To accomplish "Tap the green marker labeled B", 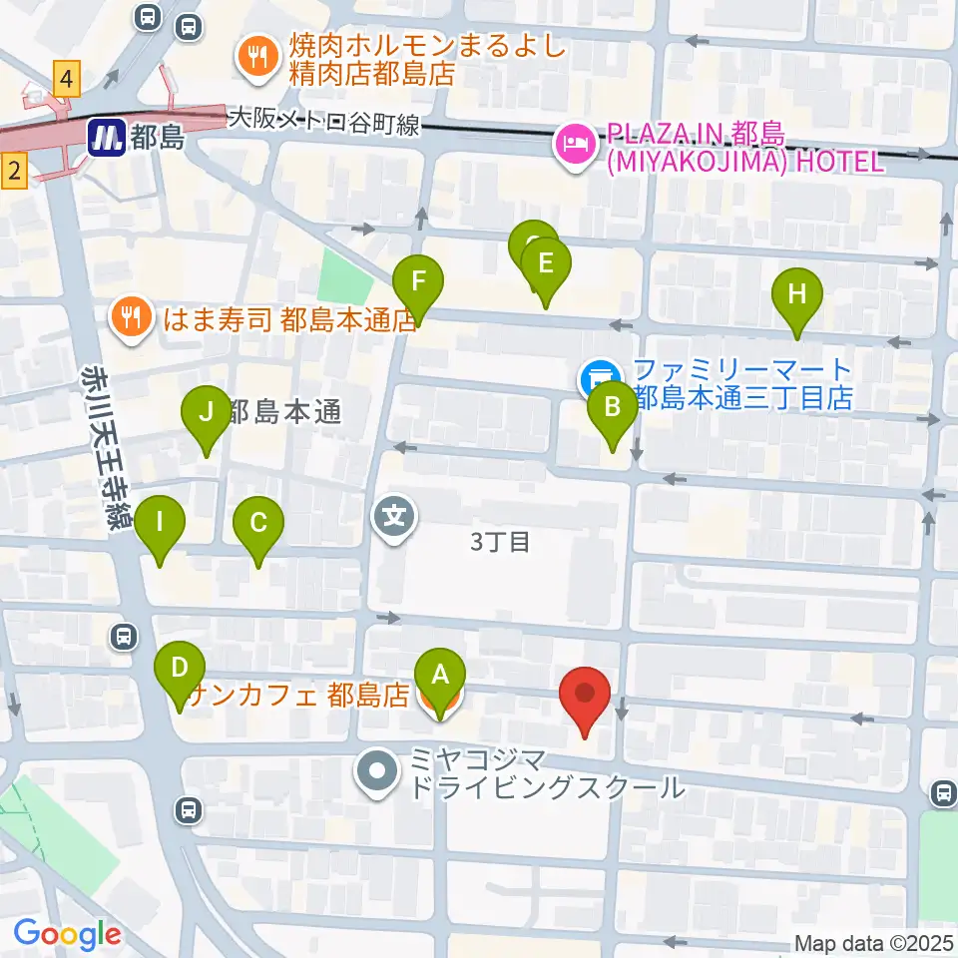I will [612, 407].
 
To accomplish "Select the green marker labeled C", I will [258, 522].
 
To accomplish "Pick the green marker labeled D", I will [180, 668].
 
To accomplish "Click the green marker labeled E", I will [545, 264].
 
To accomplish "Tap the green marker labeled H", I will [796, 294].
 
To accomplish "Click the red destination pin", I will [586, 694].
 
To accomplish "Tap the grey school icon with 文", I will [394, 518].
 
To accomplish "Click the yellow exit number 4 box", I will [67, 78].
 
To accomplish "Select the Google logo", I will [67, 933].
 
